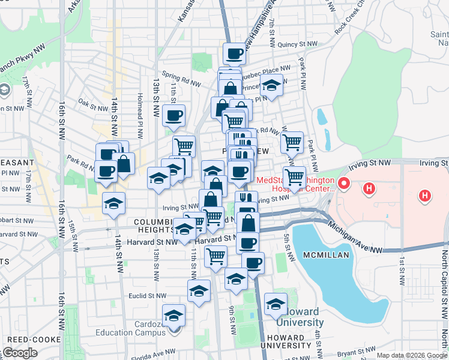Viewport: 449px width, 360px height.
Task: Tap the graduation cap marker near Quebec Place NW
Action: click(x=271, y=85)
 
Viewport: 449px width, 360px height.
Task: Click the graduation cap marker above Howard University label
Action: click(x=276, y=304)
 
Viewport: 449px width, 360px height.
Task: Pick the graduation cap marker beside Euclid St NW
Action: click(x=199, y=291)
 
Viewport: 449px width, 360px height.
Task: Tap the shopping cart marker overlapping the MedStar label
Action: click(x=294, y=178)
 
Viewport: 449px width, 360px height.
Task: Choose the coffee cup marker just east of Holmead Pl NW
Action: click(x=173, y=115)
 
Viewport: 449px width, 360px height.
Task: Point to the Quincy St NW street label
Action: click(x=301, y=44)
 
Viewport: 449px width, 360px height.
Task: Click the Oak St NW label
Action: click(x=92, y=103)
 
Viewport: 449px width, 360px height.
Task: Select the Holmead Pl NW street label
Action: click(x=140, y=103)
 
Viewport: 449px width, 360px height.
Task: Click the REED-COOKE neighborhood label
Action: click(x=31, y=340)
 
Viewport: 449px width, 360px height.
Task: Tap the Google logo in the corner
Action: click(x=19, y=353)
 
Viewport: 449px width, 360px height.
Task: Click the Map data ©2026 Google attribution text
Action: click(x=412, y=355)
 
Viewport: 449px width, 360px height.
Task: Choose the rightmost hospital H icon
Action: click(x=425, y=195)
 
